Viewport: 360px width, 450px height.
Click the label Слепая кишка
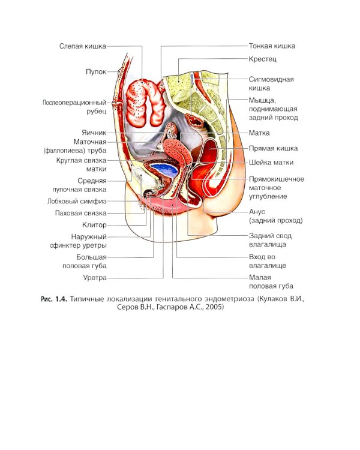pos(83,46)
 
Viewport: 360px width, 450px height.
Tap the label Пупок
pos(96,71)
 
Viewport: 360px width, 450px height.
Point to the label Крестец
pos(262,59)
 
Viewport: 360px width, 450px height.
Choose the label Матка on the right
pos(259,133)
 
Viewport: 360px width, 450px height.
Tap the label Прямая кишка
pos(273,148)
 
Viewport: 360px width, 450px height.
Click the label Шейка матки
pos(271,163)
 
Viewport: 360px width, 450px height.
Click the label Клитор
pos(94,225)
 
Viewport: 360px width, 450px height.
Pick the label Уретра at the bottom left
pos(95,278)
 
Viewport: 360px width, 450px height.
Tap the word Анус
pos(257,212)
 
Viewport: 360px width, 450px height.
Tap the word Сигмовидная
pos(271,79)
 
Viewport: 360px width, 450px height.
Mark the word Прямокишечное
pos(277,179)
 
